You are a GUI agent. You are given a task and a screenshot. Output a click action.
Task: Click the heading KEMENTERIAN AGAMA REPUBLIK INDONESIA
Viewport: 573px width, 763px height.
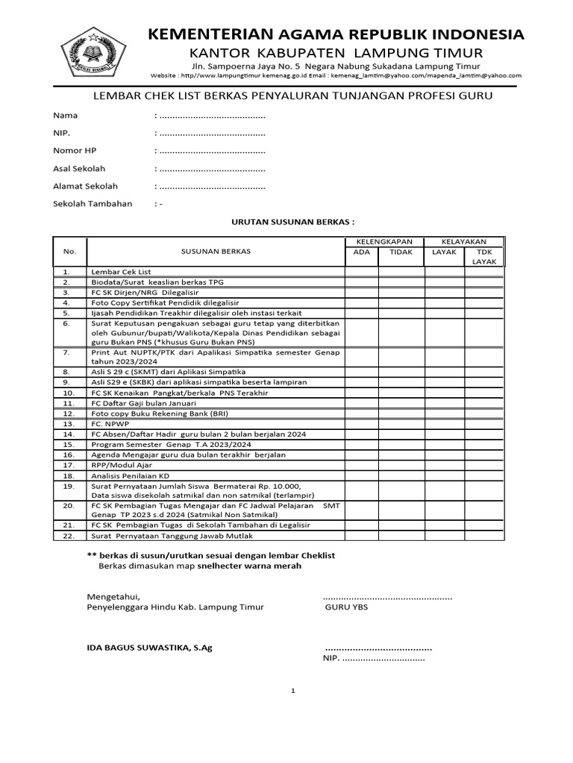[336, 35]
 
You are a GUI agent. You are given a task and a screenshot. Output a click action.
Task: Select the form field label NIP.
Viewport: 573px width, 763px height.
[60, 133]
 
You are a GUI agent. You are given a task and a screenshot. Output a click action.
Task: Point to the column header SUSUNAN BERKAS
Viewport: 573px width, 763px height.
[216, 251]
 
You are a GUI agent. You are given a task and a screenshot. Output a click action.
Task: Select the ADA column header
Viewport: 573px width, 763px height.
[361, 252]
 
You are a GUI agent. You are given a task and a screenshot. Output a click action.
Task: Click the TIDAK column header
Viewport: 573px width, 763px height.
[401, 252]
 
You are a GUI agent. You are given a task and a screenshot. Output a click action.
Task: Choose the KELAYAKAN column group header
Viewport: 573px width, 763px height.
[464, 241]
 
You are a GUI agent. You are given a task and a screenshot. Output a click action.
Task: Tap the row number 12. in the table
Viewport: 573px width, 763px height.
[69, 413]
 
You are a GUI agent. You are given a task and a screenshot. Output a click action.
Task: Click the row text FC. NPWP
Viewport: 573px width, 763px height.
[110, 423]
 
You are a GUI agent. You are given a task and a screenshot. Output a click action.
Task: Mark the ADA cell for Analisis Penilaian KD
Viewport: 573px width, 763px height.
[361, 475]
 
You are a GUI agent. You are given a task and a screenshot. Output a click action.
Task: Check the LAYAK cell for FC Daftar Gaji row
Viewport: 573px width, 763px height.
[445, 402]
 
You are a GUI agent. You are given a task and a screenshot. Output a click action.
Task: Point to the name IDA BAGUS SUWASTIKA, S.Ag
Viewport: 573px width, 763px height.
[150, 648]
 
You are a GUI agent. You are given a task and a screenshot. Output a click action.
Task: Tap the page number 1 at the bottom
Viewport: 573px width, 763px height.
[293, 691]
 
